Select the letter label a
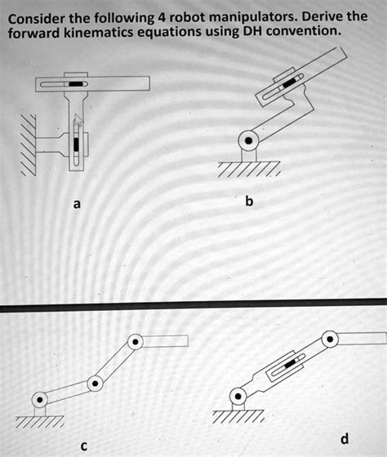click(76, 204)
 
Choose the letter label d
click(344, 439)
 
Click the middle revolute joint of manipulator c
click(96, 382)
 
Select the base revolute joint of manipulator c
click(39, 400)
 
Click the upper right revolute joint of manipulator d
click(329, 337)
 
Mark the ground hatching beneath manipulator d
click(238, 417)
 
